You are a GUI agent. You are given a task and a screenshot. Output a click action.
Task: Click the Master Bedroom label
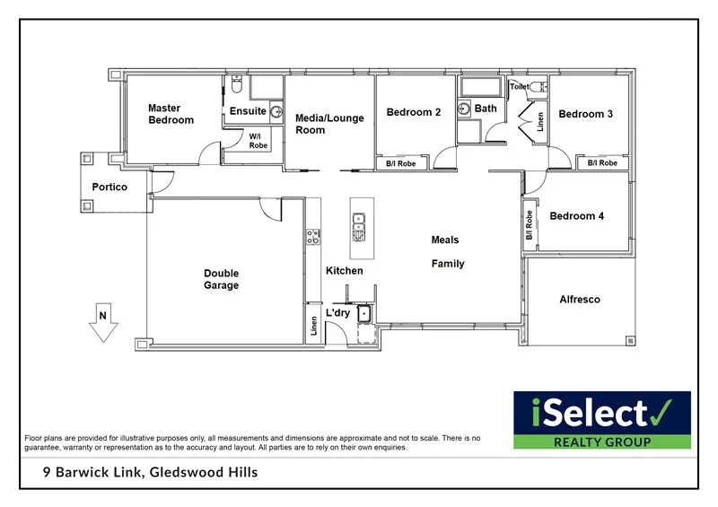pyautogui.click(x=171, y=114)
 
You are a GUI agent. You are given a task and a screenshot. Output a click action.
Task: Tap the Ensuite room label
pyautogui.click(x=248, y=111)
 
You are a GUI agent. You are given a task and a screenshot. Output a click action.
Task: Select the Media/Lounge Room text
pyautogui.click(x=329, y=124)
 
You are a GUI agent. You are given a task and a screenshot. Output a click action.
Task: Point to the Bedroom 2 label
pyautogui.click(x=414, y=112)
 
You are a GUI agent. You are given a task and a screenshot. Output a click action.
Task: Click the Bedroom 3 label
pyautogui.click(x=586, y=114)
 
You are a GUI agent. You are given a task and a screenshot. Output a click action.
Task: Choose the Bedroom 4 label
pyautogui.click(x=577, y=216)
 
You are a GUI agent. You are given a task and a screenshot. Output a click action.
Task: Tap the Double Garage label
pyautogui.click(x=221, y=279)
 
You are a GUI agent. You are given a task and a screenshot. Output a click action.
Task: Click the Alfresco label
pyautogui.click(x=580, y=300)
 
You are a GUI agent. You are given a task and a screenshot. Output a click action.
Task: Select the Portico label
pyautogui.click(x=109, y=188)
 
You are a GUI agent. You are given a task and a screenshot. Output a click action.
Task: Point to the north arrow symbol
pyautogui.click(x=104, y=324)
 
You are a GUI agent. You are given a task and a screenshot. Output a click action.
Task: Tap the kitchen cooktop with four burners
pyautogui.click(x=313, y=237)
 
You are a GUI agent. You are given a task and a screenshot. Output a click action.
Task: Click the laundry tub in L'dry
pyautogui.click(x=365, y=313)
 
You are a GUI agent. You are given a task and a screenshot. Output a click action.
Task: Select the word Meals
pyautogui.click(x=445, y=240)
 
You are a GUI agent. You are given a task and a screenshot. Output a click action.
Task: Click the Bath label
pyautogui.click(x=486, y=109)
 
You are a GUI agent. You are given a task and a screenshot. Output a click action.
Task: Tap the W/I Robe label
pyautogui.click(x=258, y=140)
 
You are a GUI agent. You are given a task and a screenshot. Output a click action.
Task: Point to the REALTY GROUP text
pyautogui.click(x=601, y=441)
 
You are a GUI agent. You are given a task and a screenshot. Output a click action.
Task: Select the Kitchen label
pyautogui.click(x=344, y=270)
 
